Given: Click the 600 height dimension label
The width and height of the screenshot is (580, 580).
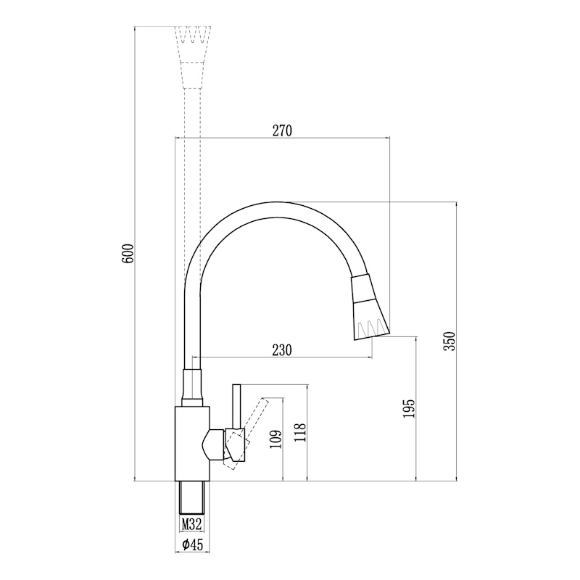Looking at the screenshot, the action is [x=128, y=253].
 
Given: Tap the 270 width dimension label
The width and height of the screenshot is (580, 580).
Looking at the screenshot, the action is [x=282, y=130].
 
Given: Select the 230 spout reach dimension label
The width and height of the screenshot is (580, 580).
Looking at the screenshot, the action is [x=282, y=350].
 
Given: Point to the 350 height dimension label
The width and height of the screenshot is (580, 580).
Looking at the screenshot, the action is [x=450, y=341].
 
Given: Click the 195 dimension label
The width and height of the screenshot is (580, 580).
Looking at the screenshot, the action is [x=410, y=408].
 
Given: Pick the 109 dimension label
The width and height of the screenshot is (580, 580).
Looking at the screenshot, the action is [x=276, y=439].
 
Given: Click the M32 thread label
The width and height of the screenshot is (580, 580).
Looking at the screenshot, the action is [x=191, y=523].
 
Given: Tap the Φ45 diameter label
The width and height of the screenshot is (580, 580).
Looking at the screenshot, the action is [x=192, y=544].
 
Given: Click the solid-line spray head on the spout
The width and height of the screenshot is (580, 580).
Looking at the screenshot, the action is [x=370, y=307].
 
